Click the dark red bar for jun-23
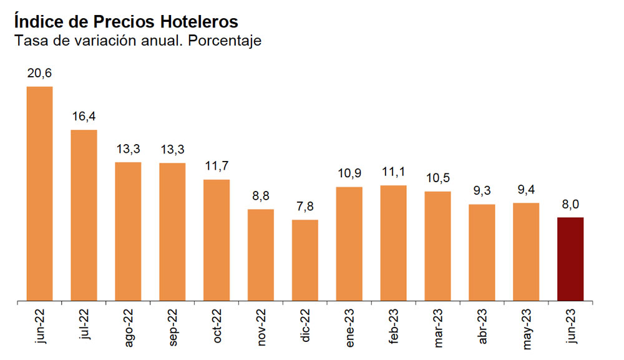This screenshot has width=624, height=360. click(570, 259)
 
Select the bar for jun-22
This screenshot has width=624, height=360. click(39, 193)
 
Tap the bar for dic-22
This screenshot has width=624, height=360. click(305, 260)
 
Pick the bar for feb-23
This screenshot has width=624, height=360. click(393, 243)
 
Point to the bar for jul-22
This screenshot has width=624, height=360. click(84, 215)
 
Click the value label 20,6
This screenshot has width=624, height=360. click(39, 73)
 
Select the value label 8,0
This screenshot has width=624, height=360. click(570, 204)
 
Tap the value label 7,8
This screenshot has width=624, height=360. click(305, 207)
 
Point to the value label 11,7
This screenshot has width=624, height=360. click(217, 166)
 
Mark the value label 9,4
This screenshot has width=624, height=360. click(526, 190)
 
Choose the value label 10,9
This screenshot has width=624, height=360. click(349, 173)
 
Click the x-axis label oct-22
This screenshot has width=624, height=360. click(217, 326)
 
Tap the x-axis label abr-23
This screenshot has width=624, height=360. click(482, 326)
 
